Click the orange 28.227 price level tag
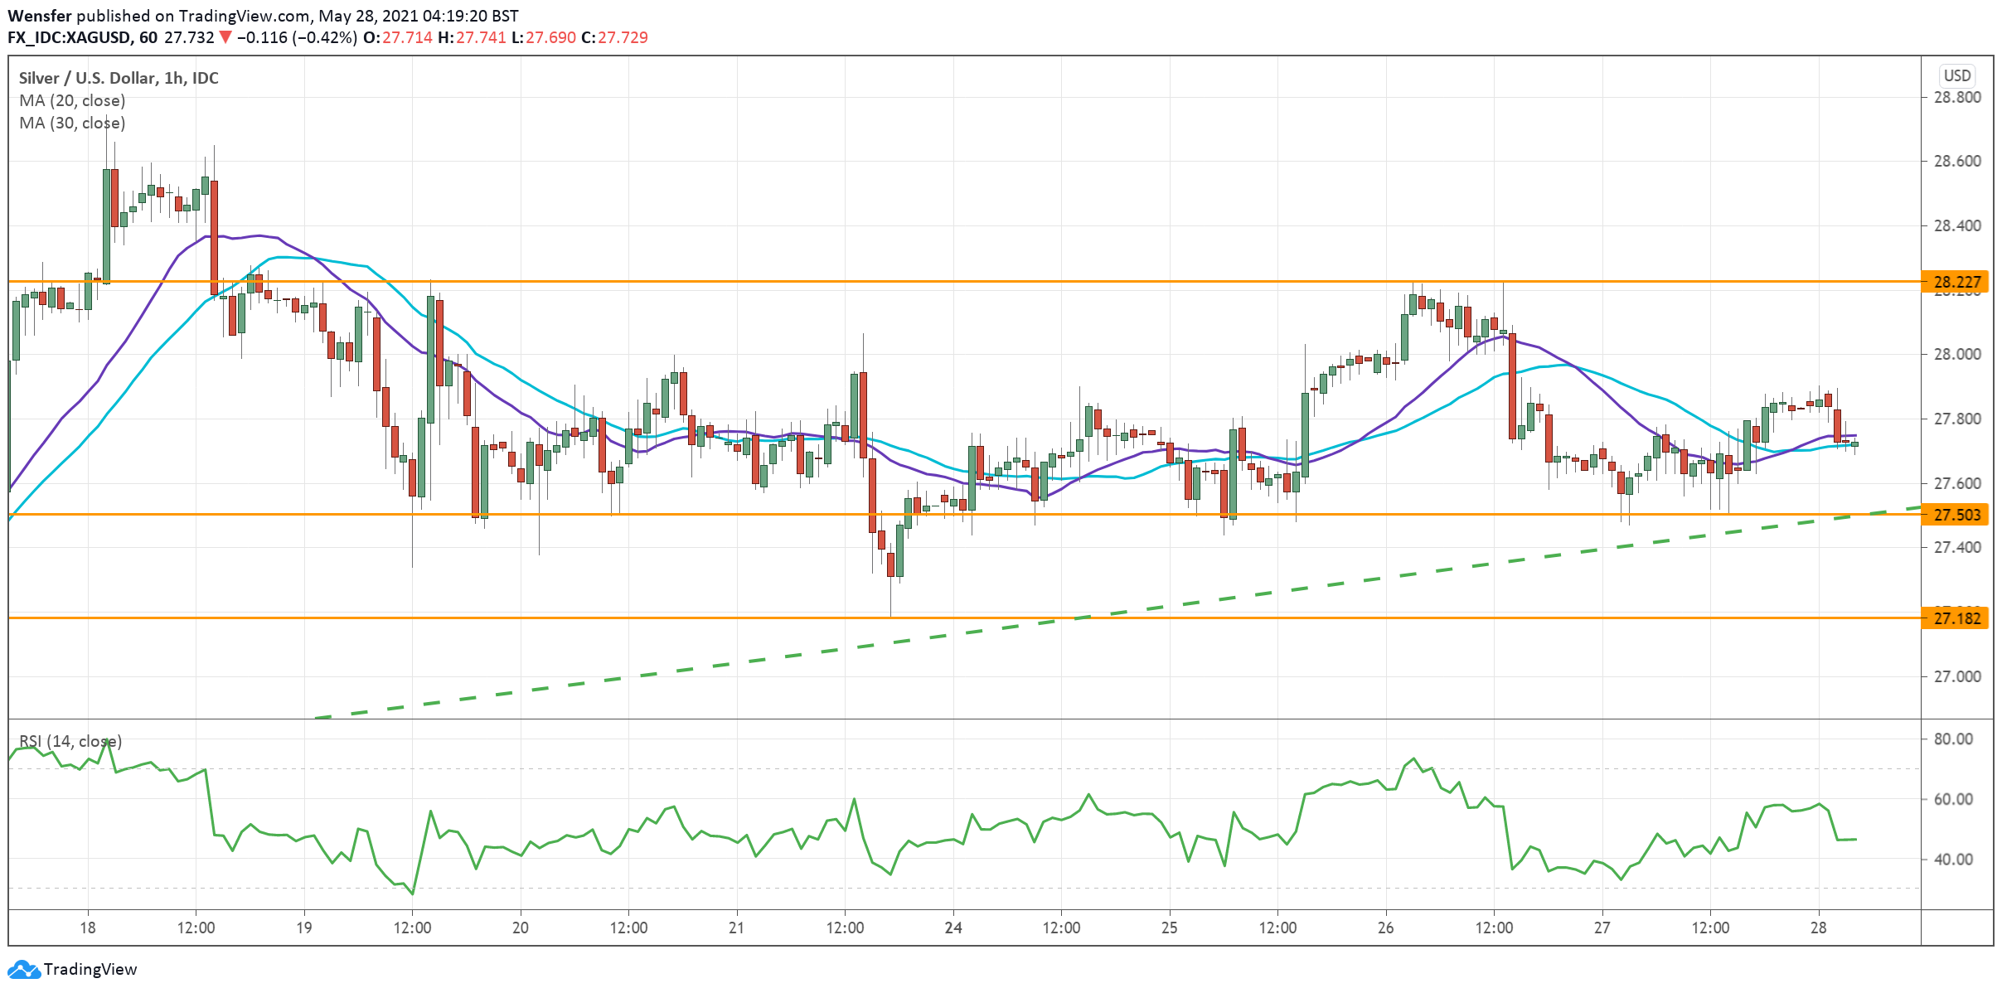1955,282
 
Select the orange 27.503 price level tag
1955,515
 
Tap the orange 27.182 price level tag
1955,618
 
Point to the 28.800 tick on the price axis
1957,97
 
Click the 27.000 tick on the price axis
1957,676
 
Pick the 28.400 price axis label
1957,225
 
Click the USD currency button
1957,75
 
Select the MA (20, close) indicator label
72,100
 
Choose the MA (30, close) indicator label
72,123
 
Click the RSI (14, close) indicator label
70,741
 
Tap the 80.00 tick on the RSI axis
1953,739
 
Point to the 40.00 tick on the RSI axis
1953,860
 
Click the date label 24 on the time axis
953,928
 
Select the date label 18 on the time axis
87,928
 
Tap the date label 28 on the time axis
1818,928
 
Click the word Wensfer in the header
40,16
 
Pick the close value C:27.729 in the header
614,37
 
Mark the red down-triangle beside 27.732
225,37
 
